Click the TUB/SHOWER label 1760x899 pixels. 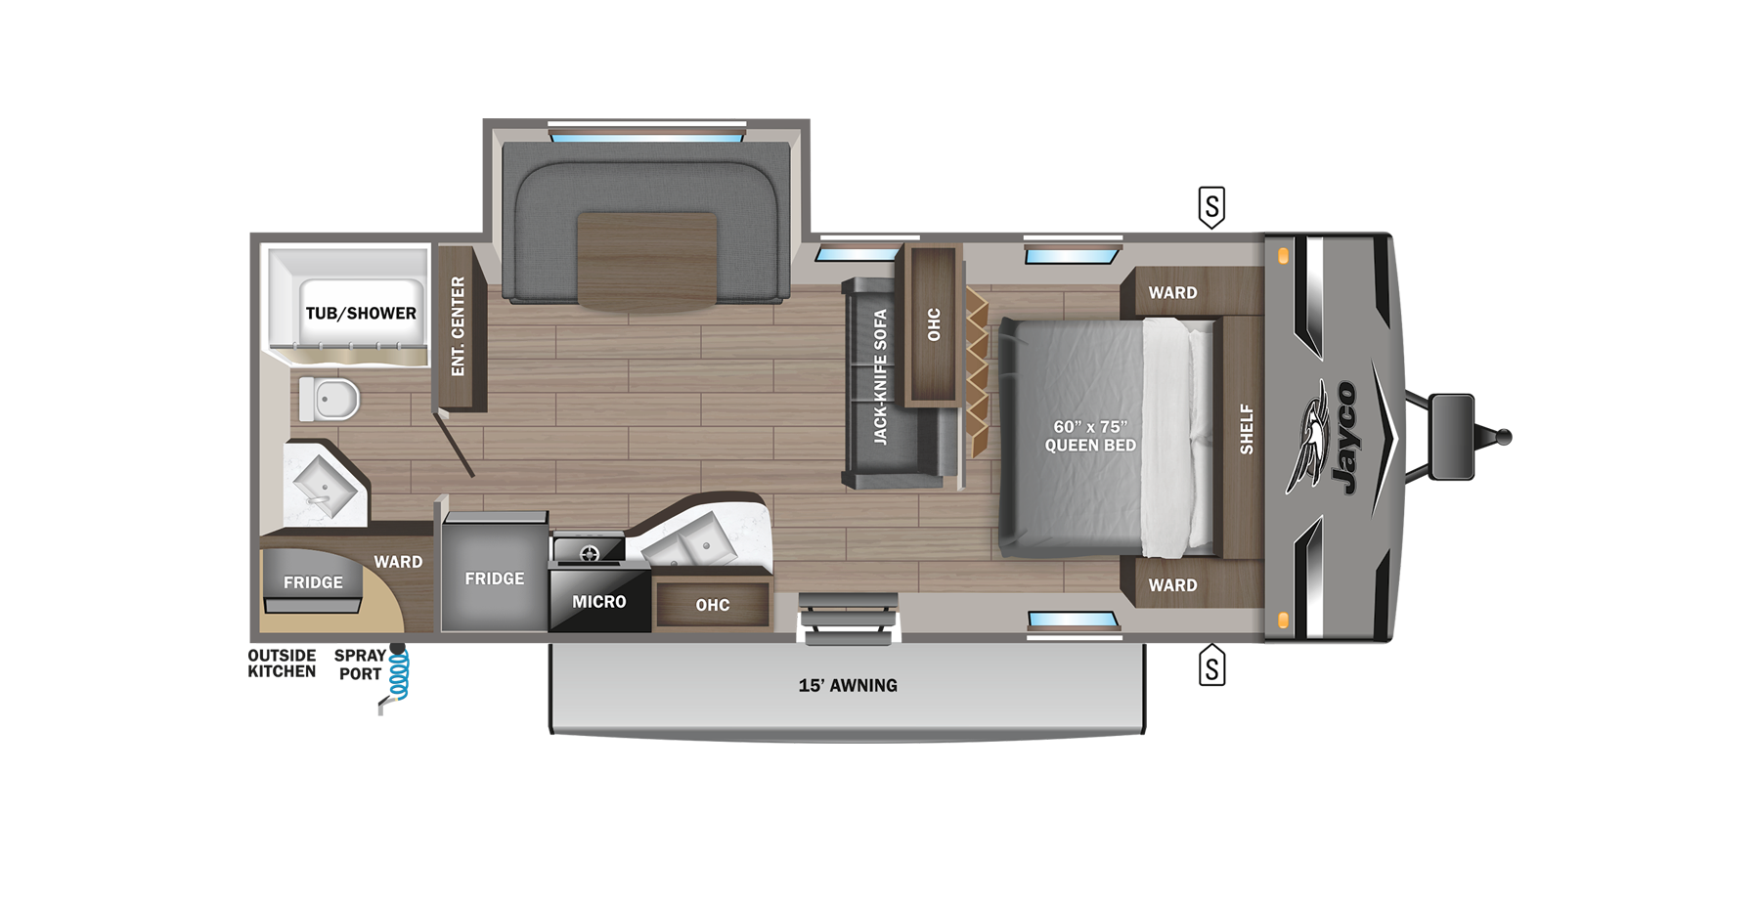pyautogui.click(x=361, y=313)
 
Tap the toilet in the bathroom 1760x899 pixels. pyautogui.click(x=330, y=399)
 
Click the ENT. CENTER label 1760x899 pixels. pyautogui.click(x=458, y=326)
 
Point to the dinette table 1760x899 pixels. pyautogui.click(x=647, y=261)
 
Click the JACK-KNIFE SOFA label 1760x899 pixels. pyautogui.click(x=880, y=376)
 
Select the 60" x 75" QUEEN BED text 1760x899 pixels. pyautogui.click(x=1090, y=436)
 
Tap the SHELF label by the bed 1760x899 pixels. pyautogui.click(x=1247, y=429)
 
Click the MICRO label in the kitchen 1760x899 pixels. pyautogui.click(x=598, y=602)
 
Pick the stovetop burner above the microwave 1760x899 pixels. pyautogui.click(x=590, y=554)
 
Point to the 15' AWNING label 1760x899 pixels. pyautogui.click(x=848, y=685)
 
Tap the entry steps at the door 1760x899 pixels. pyautogui.click(x=848, y=618)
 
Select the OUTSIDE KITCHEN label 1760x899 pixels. pyautogui.click(x=282, y=664)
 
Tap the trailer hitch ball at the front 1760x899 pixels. pyautogui.click(x=1504, y=437)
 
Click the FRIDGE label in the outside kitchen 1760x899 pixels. pyautogui.click(x=313, y=582)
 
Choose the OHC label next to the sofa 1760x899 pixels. pyautogui.click(x=934, y=324)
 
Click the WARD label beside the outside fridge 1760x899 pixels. pyautogui.click(x=398, y=562)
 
